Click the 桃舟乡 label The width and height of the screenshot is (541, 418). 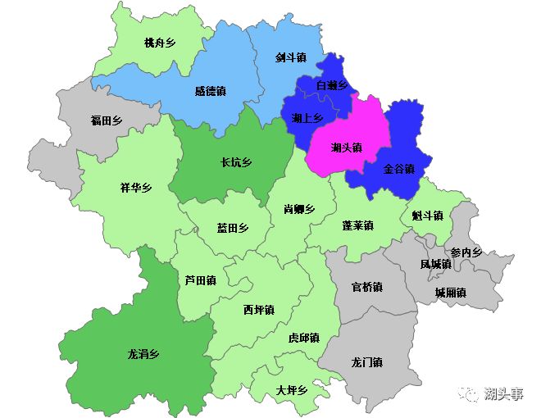point(160,43)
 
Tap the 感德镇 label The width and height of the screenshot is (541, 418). point(211,92)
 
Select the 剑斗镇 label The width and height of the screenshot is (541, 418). point(291,58)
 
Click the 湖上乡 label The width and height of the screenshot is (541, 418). point(307,118)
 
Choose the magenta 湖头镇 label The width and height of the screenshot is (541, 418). point(347,148)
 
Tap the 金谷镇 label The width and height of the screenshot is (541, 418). point(399,169)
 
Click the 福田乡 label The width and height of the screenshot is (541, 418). point(107,121)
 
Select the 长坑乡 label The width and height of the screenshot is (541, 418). point(236,162)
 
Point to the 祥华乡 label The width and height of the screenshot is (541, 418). point(136,188)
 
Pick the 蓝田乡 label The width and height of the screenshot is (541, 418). point(232,229)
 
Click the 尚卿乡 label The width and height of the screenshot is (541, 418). point(299,209)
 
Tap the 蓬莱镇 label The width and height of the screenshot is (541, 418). point(358,225)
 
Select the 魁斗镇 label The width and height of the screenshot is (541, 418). point(427,216)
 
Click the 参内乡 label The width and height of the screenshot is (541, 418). point(466,252)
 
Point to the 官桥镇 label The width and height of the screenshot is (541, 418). point(366,287)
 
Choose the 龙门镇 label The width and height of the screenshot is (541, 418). point(366,362)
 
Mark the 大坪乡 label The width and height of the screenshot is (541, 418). point(291,390)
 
